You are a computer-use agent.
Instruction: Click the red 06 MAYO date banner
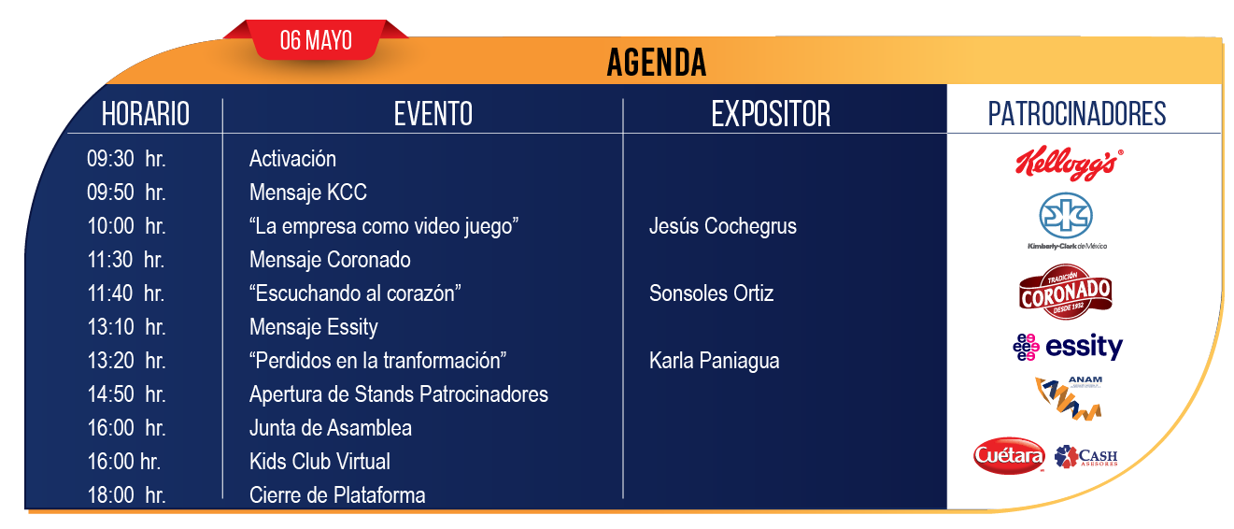coord(316,39)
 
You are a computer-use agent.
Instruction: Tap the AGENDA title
coord(656,63)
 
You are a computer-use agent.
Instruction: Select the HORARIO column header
coord(146,114)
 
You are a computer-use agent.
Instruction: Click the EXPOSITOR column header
coord(771,114)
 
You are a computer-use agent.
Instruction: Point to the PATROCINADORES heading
coord(1076,114)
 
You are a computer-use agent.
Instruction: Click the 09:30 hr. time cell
coord(126,159)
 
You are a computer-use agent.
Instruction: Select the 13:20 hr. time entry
coord(126,361)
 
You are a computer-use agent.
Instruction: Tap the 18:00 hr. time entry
coord(126,494)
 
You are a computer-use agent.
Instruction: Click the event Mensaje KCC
coord(308,193)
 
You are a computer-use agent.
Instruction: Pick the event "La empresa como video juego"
coord(383,226)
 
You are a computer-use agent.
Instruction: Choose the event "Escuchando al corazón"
coord(355,293)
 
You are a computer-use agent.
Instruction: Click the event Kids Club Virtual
coord(319,461)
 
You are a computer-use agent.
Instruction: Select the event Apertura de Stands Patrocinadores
coord(398,394)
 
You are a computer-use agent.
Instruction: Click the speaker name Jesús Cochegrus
coord(723,226)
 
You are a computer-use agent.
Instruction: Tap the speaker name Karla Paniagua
coord(714,361)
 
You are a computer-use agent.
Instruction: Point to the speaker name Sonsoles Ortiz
coord(711,293)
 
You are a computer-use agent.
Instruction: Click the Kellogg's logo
coord(1070,164)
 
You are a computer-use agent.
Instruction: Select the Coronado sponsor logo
coord(1066,292)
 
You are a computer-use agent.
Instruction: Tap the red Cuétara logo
coord(1009,456)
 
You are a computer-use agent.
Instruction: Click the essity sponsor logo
coord(1068,347)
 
